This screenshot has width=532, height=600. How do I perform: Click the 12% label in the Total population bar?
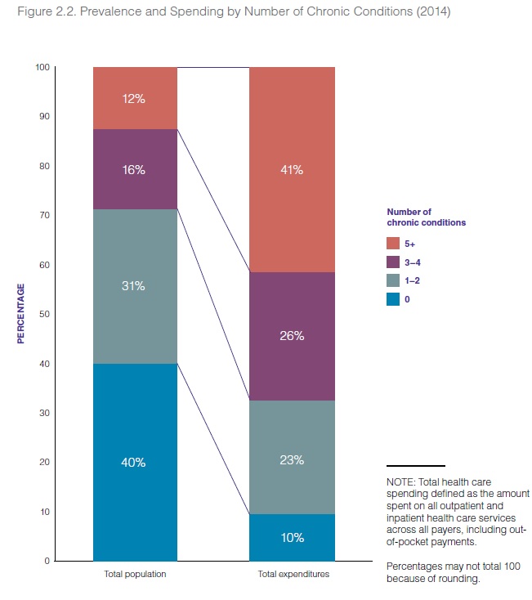[135, 99]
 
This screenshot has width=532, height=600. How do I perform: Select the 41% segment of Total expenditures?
[292, 170]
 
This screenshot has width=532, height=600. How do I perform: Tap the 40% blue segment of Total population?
[135, 462]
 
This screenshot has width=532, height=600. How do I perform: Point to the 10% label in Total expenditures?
[292, 538]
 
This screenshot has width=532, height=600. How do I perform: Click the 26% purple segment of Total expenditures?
[292, 336]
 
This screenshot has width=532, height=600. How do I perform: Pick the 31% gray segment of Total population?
[135, 285]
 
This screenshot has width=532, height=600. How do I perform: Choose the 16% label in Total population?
[135, 170]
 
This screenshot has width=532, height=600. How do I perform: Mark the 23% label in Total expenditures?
[292, 460]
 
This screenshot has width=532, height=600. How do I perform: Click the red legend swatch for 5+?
[394, 244]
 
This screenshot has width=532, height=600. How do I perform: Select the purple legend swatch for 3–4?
[394, 262]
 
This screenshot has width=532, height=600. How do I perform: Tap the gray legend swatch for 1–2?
[394, 280]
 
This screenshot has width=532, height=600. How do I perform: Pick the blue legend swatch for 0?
[394, 298]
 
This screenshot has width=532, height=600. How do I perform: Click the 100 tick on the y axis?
[42, 67]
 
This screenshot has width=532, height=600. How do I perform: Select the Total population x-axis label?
[135, 575]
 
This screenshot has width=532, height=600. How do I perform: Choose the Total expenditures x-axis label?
[292, 575]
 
